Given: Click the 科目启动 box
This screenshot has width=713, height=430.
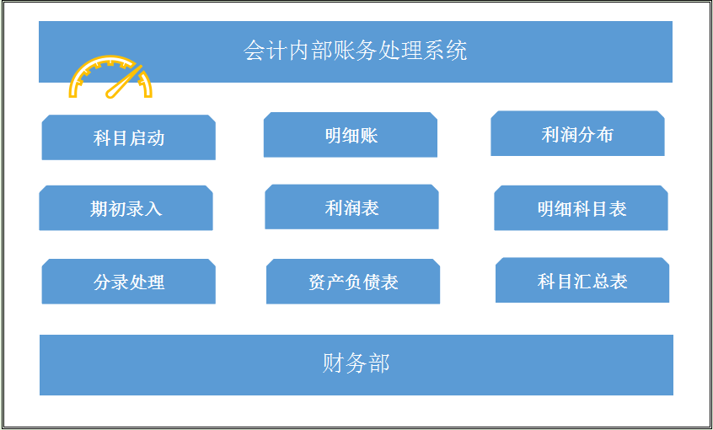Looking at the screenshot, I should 128,137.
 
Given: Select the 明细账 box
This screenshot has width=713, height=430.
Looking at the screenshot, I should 351,135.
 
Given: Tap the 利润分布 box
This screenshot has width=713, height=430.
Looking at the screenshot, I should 577,134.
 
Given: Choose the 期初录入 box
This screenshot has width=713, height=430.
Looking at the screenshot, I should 126,208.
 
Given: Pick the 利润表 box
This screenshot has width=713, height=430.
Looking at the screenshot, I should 351,207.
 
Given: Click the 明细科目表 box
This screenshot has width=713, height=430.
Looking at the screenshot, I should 581,208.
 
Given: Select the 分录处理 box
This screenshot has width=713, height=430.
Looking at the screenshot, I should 128,282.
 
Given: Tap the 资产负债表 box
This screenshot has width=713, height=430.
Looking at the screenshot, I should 353,282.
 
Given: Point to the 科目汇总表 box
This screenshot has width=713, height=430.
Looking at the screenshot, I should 582,281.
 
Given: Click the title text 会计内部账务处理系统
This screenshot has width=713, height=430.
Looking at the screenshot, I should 355,51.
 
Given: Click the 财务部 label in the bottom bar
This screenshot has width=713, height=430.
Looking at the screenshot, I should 356,364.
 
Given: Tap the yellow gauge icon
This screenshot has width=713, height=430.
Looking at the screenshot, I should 111,77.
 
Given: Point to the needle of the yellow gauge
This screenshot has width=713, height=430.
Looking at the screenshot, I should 125,80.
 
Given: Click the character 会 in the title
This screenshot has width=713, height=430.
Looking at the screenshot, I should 253,51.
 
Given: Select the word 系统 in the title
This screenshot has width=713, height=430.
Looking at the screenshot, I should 447,51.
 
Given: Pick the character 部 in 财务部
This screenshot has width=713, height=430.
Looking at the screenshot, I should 378,364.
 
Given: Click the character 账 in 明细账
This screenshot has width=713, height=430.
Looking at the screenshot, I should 369,135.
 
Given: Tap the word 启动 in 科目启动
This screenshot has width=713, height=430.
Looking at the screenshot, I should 147,138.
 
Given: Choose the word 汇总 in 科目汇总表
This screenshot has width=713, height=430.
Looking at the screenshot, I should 592,282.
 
